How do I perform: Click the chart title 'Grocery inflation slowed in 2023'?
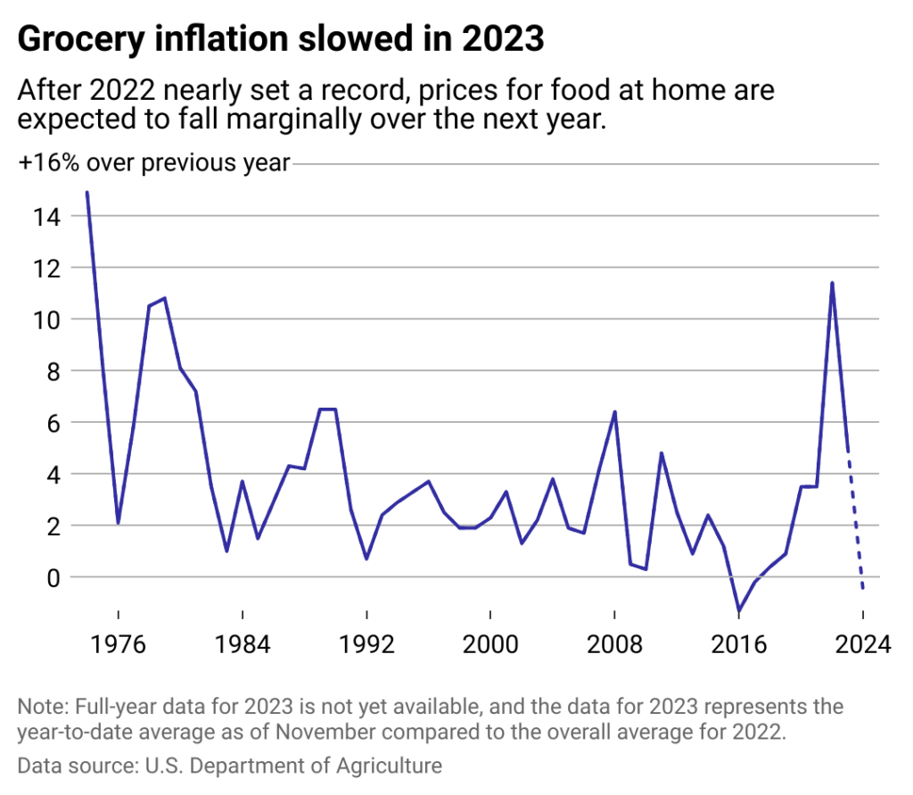281,39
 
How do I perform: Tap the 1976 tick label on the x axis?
118,643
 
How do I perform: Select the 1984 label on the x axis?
242,643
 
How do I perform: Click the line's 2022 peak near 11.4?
832,284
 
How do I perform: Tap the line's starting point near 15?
86,193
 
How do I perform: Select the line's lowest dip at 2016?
739,610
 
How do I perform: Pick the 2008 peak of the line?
614,412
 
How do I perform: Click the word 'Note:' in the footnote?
41,708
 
